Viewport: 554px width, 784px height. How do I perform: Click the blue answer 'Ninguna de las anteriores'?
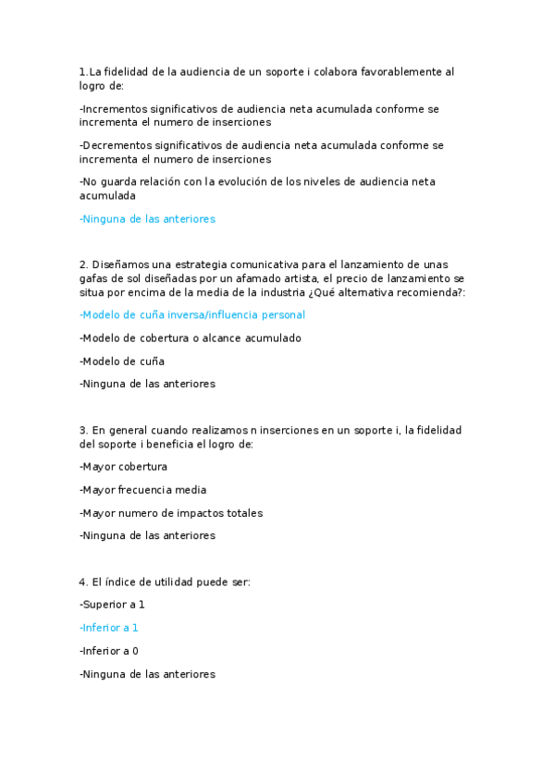148,219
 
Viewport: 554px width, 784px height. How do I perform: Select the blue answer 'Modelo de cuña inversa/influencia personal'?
192,315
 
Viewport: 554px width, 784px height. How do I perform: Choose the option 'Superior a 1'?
113,605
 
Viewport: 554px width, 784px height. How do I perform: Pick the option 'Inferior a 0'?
110,651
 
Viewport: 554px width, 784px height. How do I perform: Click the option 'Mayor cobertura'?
124,467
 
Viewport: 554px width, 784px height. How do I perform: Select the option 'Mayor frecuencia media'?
143,490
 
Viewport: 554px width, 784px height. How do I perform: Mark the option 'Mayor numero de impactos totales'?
171,513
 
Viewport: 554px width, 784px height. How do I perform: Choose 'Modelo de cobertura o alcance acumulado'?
191,338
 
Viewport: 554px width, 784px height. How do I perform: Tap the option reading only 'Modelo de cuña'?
122,361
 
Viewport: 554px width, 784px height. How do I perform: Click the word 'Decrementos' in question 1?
115,145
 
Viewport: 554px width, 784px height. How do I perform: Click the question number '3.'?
84,430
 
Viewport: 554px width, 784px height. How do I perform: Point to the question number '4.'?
84,582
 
